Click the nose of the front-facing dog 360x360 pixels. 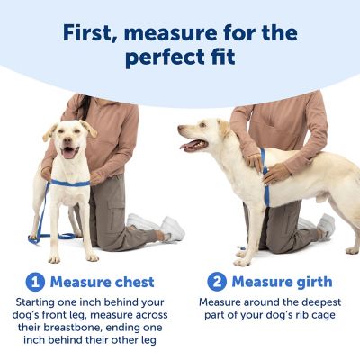70,140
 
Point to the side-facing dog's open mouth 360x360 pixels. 193,143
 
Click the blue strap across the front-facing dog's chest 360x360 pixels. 73,183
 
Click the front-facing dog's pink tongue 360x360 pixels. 70,152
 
